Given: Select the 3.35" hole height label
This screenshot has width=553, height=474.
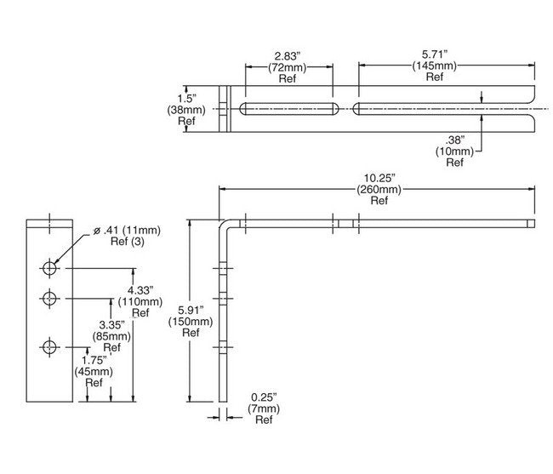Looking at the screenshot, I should (x=114, y=324).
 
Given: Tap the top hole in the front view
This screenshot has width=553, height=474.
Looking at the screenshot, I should (x=50, y=267).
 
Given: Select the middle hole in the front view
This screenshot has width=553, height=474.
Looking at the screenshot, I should (x=50, y=299).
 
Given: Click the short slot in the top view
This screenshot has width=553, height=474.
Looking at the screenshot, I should (x=288, y=109).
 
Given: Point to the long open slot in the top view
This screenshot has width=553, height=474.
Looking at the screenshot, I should (x=442, y=109).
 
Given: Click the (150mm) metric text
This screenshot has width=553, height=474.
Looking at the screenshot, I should (x=191, y=322).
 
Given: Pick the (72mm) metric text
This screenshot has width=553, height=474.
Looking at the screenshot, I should (x=288, y=66).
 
